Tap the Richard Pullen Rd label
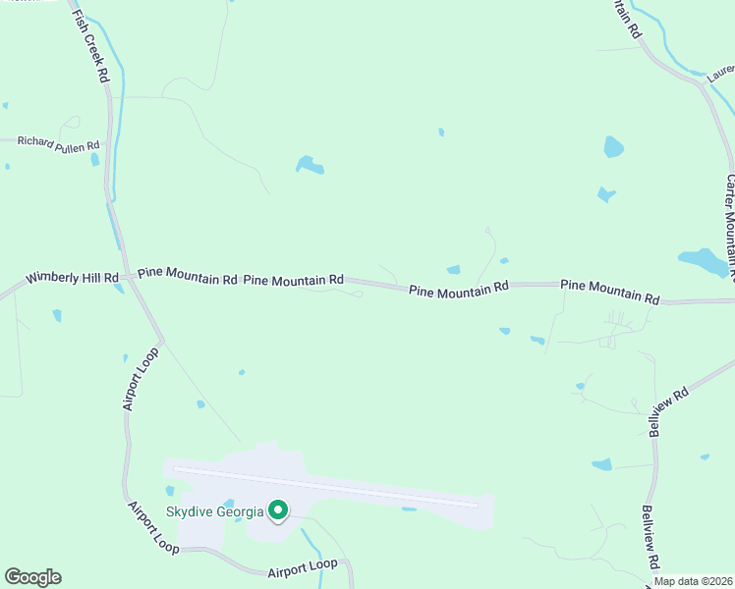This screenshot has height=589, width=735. click(x=59, y=144)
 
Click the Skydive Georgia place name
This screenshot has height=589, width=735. click(x=214, y=511)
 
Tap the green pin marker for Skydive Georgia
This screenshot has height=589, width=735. click(x=278, y=510)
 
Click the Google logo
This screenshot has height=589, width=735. click(x=32, y=577)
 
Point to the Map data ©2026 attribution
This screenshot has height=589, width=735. click(x=693, y=581)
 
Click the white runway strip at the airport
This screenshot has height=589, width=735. click(x=324, y=487)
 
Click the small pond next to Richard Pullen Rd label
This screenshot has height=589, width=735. click(x=95, y=159)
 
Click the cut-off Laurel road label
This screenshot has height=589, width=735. click(x=721, y=71)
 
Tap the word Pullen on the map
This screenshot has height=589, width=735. click(x=68, y=144)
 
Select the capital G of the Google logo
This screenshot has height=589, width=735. click(x=13, y=577)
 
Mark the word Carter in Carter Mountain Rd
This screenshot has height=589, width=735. click(x=730, y=190)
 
